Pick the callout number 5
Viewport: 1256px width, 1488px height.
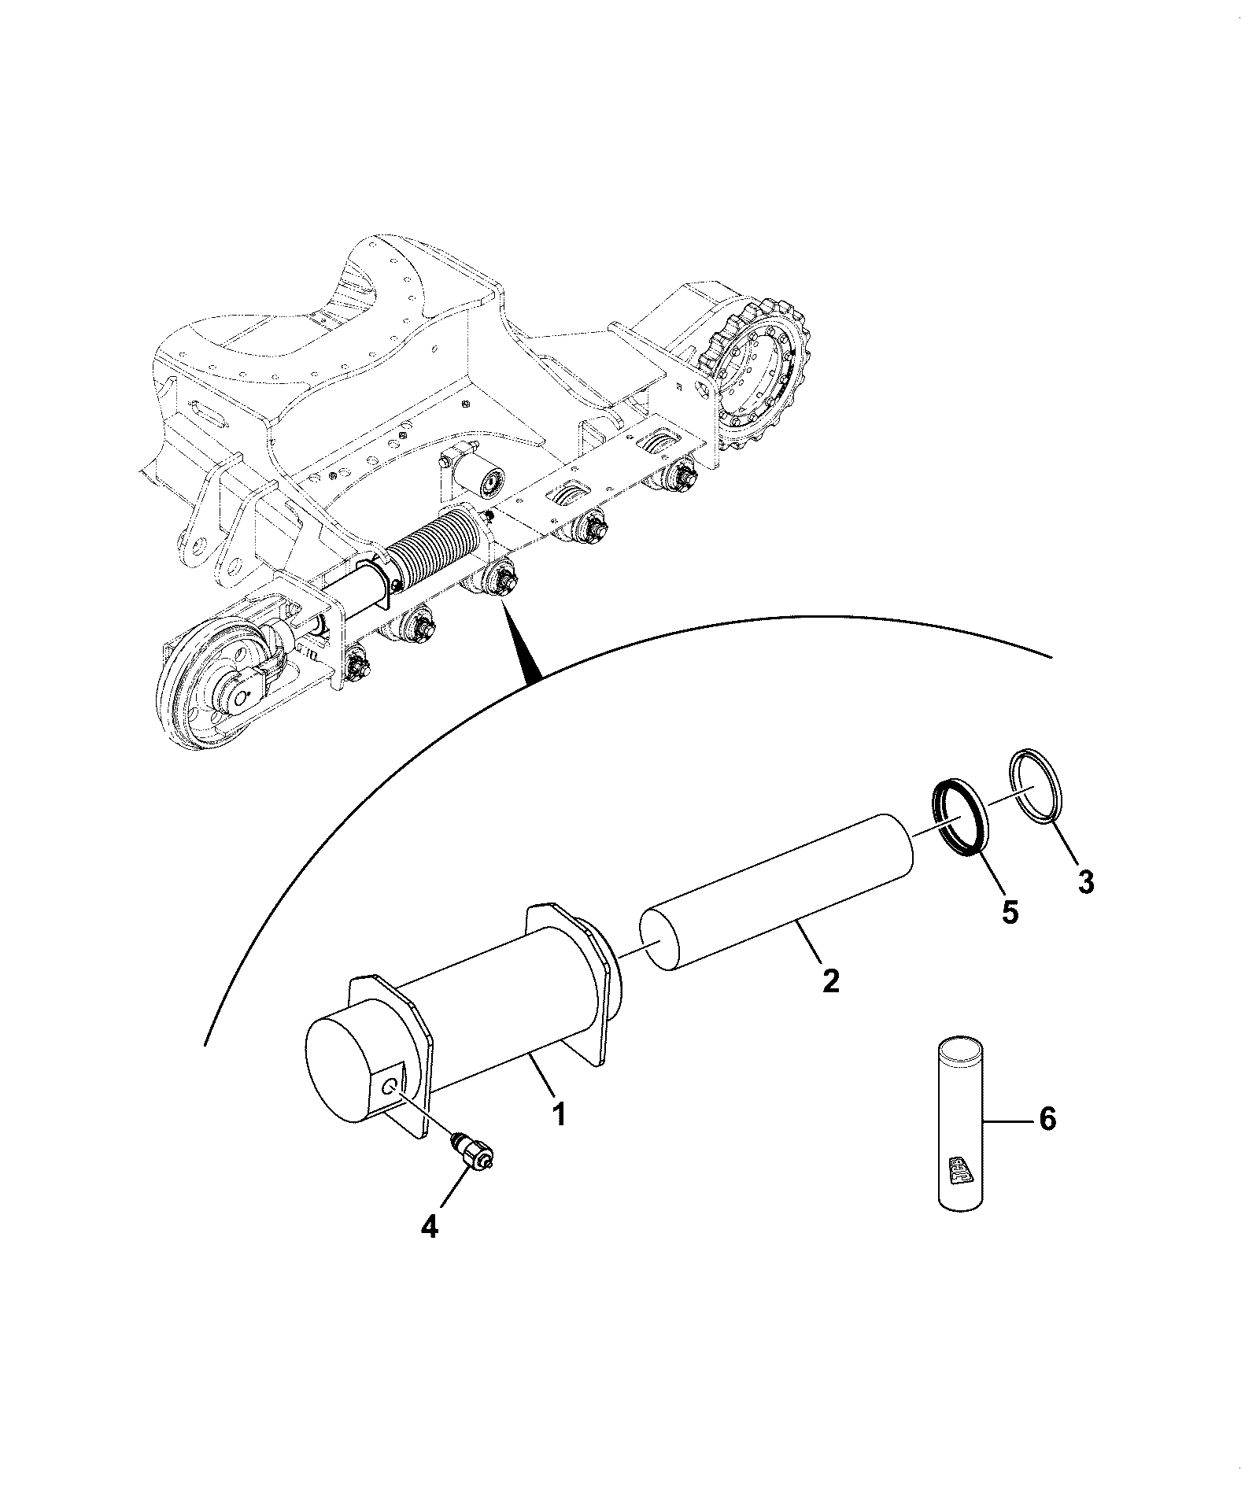(1009, 912)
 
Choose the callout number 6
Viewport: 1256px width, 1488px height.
(1047, 1119)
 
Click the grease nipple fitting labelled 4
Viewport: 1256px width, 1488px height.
(471, 1152)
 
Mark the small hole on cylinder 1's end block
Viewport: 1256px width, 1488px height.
(391, 1086)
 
